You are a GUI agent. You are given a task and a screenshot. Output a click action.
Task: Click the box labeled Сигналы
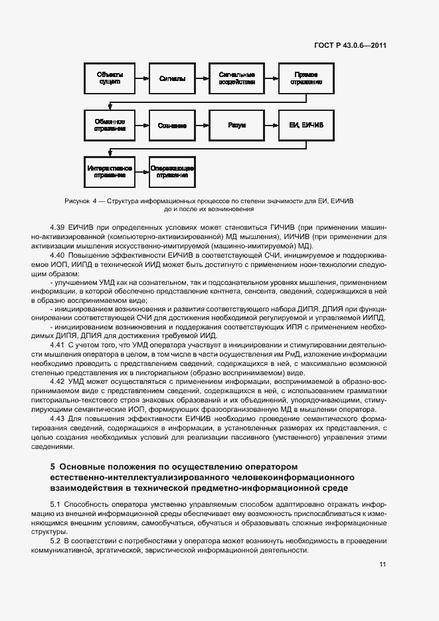(172, 78)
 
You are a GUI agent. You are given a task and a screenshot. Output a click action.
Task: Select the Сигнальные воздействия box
(236, 78)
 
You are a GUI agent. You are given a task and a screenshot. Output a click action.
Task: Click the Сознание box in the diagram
(172, 125)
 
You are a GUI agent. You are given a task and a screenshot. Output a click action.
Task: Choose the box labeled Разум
(236, 125)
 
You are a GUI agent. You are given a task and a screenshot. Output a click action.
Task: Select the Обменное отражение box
(110, 125)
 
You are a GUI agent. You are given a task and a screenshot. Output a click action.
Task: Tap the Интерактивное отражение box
(110, 171)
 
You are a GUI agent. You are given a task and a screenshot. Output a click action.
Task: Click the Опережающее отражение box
(172, 171)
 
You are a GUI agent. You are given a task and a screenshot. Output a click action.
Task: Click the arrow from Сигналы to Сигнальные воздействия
(202, 78)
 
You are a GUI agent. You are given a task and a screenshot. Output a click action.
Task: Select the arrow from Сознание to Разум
(202, 125)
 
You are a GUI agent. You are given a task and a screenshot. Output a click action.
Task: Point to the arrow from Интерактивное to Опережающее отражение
(141, 171)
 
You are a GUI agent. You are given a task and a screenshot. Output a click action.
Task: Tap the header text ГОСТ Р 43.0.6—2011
(350, 46)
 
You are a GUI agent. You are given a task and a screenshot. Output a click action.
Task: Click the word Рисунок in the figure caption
(78, 200)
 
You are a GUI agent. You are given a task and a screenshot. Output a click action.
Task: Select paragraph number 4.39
(58, 227)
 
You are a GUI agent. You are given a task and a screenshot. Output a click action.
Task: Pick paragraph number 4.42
(58, 382)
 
